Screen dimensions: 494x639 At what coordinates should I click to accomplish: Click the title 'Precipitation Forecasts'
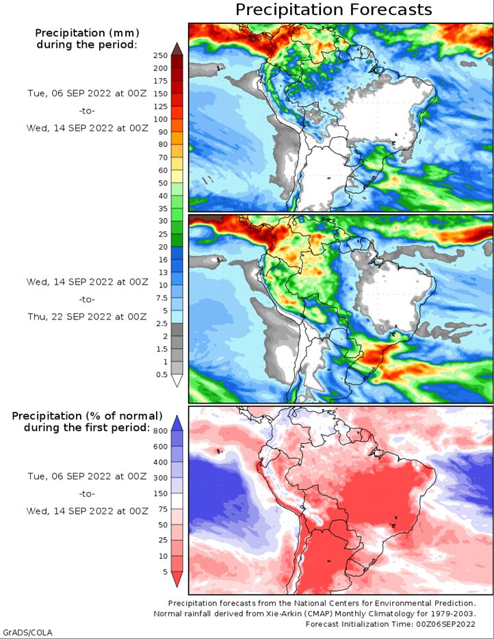coord(333,10)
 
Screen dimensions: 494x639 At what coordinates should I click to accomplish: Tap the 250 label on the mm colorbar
coord(161,55)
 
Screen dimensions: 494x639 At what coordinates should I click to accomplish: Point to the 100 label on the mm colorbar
coord(161,119)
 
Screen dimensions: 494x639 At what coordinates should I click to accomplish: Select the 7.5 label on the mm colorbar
coord(161,298)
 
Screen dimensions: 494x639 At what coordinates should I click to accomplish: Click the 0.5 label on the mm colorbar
coord(161,374)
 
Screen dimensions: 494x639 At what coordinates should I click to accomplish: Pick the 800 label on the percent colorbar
coord(161,431)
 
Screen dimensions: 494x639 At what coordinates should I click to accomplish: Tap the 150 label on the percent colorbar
coord(161,493)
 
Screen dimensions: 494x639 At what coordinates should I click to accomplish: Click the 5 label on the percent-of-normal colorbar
coord(165,572)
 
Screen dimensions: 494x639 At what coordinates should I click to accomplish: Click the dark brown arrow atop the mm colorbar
coord(177,49)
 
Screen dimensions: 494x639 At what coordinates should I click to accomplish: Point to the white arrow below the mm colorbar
coord(177,380)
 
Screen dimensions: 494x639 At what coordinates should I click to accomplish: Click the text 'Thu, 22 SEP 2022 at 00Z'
coord(87,317)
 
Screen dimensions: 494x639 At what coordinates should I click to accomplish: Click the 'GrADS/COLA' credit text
coord(27,632)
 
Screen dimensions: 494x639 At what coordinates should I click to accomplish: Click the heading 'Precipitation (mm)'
coord(87,33)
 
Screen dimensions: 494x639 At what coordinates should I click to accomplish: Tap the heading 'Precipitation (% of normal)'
coord(87,416)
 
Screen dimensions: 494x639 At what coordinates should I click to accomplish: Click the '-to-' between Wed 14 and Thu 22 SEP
coord(87,300)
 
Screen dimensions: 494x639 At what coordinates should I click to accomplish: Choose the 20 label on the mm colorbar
coord(163,247)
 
